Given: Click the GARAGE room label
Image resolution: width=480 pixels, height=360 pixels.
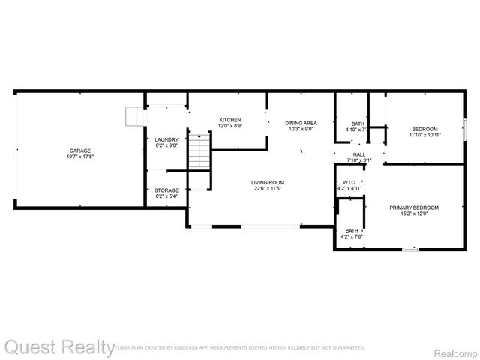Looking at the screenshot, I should tap(80, 151).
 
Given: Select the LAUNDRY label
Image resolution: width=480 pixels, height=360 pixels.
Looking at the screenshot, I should tap(166, 139).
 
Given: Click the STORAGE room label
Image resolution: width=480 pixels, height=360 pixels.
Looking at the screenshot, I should tap(166, 190).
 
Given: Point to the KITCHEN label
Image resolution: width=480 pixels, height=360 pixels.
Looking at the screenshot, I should tap(229, 120).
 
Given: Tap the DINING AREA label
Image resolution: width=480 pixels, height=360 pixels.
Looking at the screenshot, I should tap(301, 122).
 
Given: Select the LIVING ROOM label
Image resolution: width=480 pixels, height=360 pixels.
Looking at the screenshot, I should tap(267, 182).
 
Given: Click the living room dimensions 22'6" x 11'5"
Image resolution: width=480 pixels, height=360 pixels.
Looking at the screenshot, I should tap(267, 189).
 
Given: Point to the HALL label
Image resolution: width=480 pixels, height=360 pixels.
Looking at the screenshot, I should tap(359, 154).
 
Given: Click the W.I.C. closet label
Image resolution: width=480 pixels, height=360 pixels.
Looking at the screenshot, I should tap(349, 182).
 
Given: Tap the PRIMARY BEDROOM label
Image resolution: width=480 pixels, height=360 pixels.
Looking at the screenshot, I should tap(413, 208).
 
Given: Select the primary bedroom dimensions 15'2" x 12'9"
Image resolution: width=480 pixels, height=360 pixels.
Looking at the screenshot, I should tap(413, 214).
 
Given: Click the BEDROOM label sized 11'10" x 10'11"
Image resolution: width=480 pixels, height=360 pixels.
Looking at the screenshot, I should tap(424, 129).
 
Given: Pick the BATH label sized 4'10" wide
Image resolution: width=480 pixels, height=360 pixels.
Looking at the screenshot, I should tap(358, 124).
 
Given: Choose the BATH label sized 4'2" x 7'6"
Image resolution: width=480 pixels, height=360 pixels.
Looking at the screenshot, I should tap(351, 230).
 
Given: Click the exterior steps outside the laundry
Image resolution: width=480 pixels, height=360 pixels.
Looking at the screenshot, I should tap(134, 116).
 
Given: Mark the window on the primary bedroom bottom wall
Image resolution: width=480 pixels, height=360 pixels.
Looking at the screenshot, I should tap(410, 249).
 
